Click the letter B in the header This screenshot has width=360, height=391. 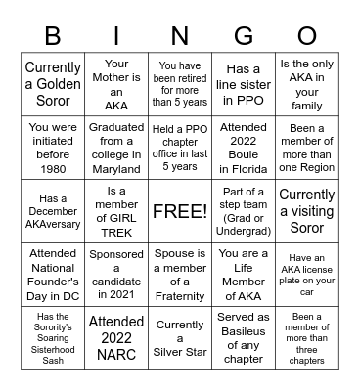(x=53, y=35)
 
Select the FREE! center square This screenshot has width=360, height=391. (x=180, y=211)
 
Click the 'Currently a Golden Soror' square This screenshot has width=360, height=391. (x=53, y=84)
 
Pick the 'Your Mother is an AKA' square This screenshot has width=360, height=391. (x=116, y=84)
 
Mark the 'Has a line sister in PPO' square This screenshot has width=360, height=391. (x=244, y=84)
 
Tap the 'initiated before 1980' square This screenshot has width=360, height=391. (x=53, y=148)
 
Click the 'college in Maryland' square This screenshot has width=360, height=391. (x=116, y=148)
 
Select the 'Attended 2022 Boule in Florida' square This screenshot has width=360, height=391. (x=244, y=148)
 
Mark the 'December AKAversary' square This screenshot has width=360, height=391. (x=53, y=211)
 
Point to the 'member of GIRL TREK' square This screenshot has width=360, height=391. (x=116, y=211)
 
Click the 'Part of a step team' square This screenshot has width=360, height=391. (x=244, y=211)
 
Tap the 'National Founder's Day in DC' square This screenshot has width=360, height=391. (x=53, y=275)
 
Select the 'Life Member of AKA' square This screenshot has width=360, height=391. (x=244, y=275)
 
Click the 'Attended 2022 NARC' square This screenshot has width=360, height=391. (x=116, y=338)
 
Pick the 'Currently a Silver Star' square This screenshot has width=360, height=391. (x=180, y=338)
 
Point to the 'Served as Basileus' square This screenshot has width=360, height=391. (x=244, y=338)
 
